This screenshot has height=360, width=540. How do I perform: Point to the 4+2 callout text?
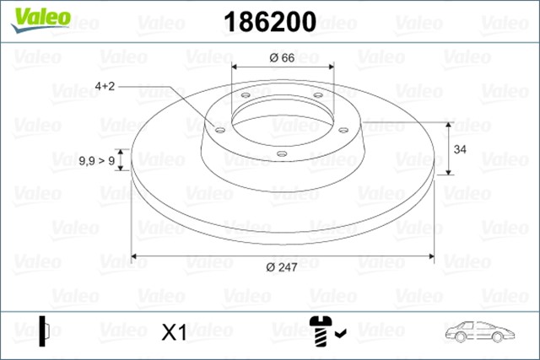(x=107, y=86)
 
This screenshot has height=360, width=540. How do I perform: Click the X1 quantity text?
(x=173, y=333)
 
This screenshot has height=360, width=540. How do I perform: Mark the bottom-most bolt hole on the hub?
(x=282, y=153)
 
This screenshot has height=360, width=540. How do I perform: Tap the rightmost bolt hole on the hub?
(x=343, y=129)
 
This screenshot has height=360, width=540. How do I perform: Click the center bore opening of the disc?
(x=282, y=118)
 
